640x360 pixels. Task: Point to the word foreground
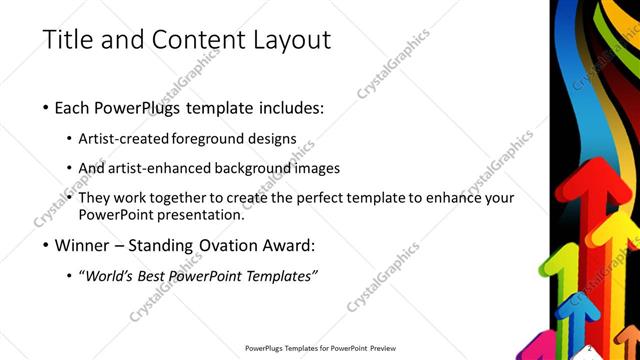[213, 138]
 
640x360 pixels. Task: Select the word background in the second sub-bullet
[251, 168]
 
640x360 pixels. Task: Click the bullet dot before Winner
[46, 245]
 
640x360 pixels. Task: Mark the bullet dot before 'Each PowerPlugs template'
[46, 108]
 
